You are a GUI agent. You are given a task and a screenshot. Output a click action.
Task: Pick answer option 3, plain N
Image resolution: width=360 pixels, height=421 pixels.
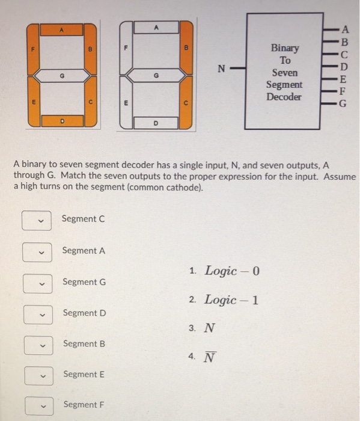coord(209,328)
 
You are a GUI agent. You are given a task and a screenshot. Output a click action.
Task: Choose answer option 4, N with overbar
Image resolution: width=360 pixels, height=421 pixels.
coord(209,357)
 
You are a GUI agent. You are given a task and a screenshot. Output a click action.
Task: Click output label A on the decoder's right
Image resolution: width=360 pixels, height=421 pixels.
coord(344,29)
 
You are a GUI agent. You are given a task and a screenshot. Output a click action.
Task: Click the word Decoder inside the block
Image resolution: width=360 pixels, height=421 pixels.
coord(284,97)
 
